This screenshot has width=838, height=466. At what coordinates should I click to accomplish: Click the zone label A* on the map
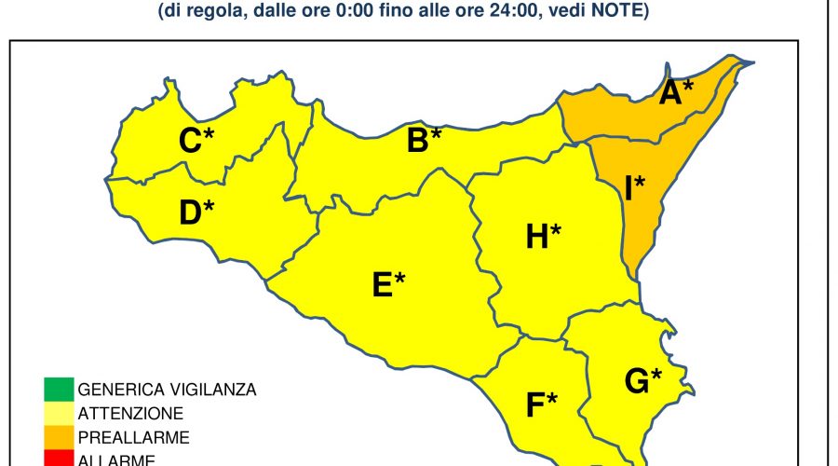coord(676,92)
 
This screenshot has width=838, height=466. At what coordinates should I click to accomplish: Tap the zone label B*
coord(424,141)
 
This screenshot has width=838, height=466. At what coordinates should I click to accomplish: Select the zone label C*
coord(196,141)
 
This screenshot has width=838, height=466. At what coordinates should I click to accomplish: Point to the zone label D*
coord(196,212)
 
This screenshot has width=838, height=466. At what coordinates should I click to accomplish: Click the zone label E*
coord(388,284)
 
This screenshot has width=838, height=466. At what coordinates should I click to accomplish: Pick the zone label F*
coord(541,404)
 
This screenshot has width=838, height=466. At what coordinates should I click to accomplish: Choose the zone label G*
coord(642,380)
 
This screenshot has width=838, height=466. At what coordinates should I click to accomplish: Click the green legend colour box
coord(57,388)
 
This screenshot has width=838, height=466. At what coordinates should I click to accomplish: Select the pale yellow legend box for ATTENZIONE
coord(57,412)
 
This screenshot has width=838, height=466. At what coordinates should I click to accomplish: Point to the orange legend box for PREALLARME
coord(57,436)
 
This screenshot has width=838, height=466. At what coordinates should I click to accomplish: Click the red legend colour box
coord(57,458)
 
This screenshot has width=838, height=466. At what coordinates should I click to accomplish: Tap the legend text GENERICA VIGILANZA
coord(167,389)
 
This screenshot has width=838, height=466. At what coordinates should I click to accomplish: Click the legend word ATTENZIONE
coord(130,413)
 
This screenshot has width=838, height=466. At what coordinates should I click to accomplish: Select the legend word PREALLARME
coord(134,436)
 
